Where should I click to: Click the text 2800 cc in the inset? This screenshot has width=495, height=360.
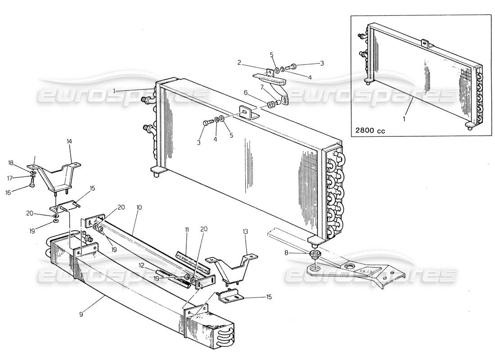370,131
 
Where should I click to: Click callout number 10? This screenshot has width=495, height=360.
139,208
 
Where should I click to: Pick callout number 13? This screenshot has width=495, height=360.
245,231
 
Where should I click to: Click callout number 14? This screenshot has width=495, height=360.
69,141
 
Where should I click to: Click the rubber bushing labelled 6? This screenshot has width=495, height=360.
271,105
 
